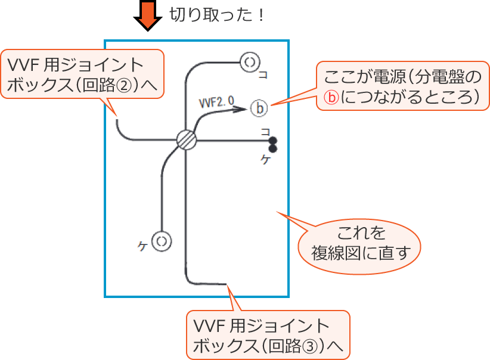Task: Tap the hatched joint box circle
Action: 187,140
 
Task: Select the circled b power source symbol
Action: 259,108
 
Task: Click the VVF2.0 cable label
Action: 216,102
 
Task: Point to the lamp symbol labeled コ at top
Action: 250,61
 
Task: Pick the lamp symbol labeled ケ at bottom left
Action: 162,241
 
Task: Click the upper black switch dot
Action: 273,141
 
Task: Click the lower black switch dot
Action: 273,149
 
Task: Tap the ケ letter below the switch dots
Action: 266,160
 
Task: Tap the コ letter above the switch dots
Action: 265,131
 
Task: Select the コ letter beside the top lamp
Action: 263,75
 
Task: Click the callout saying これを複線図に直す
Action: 358,243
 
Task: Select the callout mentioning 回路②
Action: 83,76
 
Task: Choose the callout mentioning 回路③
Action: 268,335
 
